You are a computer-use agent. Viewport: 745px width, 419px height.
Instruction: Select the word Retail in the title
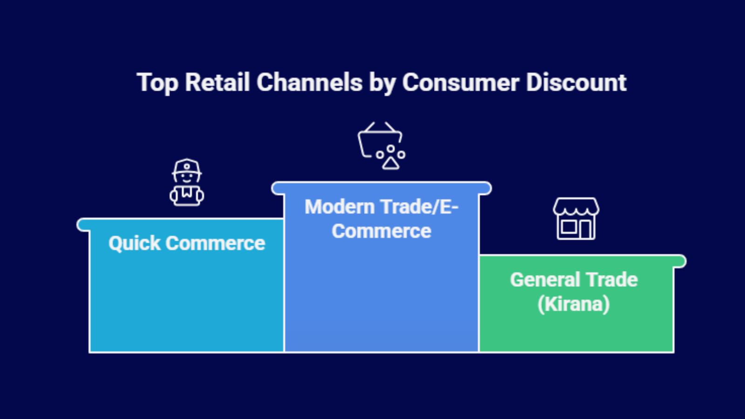point(217,82)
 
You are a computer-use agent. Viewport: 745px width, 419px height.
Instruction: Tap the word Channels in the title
point(309,82)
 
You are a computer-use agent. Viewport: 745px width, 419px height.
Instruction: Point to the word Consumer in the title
point(460,82)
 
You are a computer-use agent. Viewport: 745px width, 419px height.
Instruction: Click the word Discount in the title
point(576,82)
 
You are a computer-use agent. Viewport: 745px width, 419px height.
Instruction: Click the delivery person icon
point(187,182)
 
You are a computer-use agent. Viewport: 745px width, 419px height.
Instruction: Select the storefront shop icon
point(576,219)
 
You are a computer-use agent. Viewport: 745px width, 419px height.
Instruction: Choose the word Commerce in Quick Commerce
point(215,243)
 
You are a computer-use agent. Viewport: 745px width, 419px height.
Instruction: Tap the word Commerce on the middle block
point(381,231)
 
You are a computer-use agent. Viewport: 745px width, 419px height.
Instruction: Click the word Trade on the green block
point(612,280)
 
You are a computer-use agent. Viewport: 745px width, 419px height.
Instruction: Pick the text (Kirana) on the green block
point(573,304)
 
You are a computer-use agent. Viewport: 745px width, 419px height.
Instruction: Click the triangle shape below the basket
point(391,163)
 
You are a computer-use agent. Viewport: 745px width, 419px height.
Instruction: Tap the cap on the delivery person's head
point(187,167)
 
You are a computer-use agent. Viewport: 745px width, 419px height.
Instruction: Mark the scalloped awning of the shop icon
point(576,207)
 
